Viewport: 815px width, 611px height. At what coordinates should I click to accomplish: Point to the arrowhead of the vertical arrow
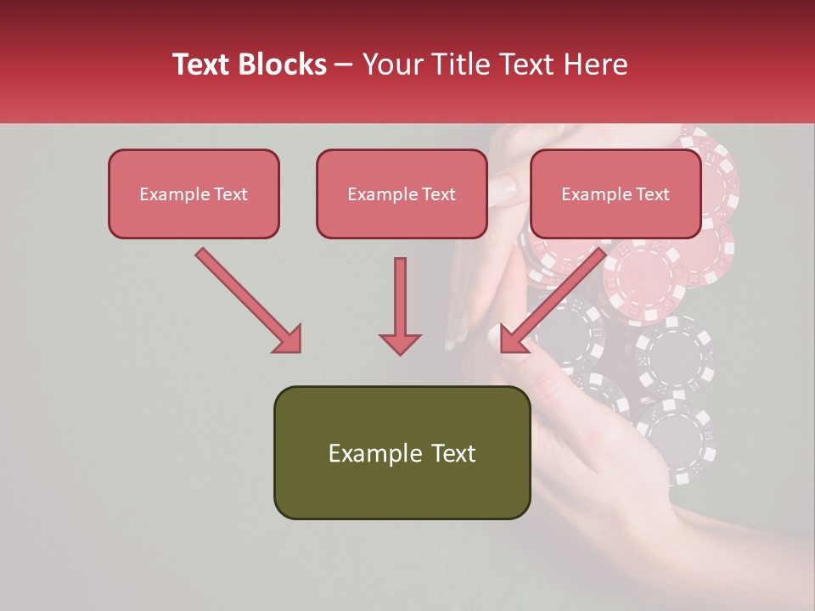click(400, 343)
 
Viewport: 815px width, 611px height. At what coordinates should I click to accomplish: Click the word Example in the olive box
click(370, 453)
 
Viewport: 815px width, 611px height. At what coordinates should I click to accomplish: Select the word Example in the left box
click(173, 194)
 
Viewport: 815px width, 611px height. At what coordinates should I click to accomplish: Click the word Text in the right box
click(652, 194)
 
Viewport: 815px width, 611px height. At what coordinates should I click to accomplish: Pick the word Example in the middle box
click(381, 194)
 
